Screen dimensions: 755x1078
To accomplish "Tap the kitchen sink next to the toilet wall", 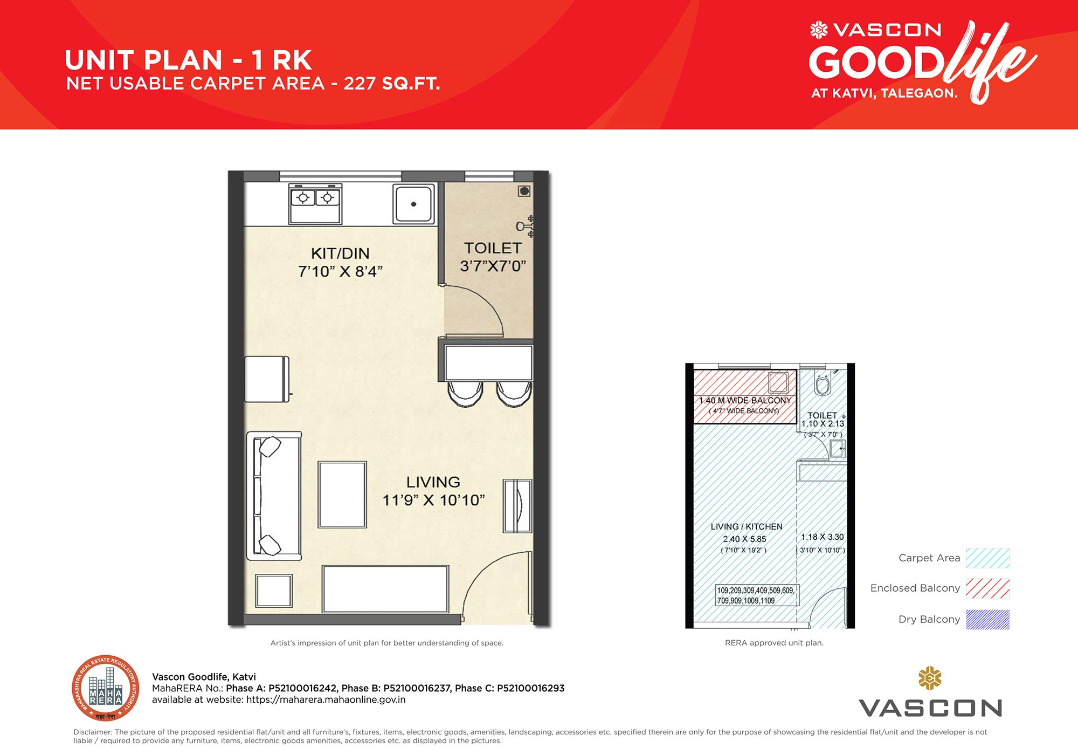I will [x=413, y=204].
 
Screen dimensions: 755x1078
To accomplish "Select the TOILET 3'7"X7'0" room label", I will [x=493, y=257].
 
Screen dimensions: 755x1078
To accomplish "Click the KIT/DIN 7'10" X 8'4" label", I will [x=340, y=262].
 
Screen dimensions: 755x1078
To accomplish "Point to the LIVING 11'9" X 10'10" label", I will [x=433, y=491].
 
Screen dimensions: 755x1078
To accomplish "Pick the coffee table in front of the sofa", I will [x=342, y=495].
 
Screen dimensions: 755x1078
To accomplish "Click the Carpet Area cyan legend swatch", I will [x=987, y=558].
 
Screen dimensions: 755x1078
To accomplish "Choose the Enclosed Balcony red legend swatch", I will [x=987, y=588].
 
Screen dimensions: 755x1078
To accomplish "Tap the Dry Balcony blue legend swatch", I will [x=987, y=619].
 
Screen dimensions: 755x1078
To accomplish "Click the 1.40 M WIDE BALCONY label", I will [x=745, y=401].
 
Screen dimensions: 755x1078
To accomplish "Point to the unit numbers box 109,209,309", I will [x=756, y=595].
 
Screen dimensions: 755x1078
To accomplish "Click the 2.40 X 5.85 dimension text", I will [x=744, y=539].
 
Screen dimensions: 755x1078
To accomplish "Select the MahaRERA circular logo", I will [x=106, y=689].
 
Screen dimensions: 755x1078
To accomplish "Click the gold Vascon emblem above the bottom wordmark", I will [x=930, y=678].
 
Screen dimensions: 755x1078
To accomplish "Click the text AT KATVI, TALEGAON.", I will [x=884, y=93].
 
